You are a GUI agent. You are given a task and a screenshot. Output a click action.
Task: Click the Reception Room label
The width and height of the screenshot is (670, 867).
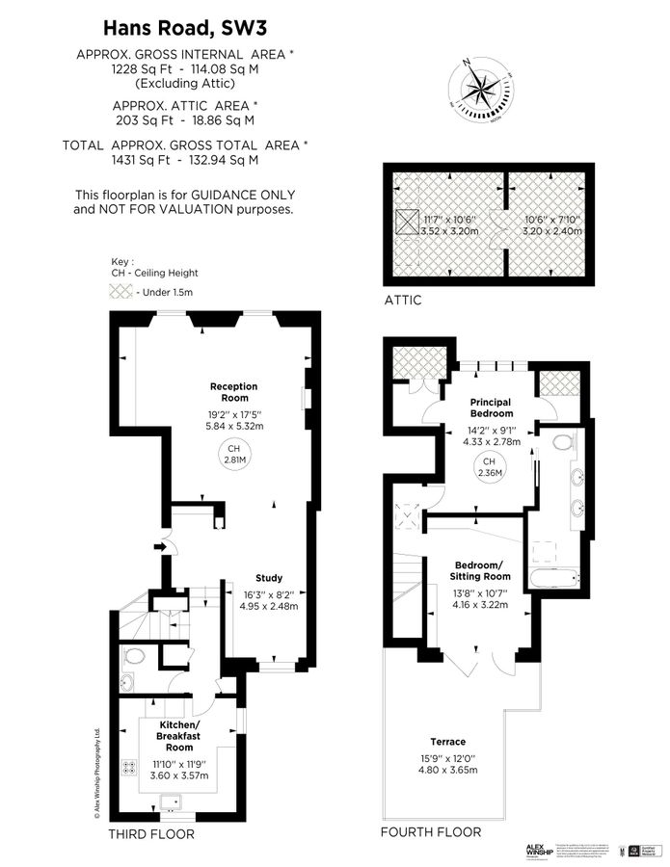tap(234, 392)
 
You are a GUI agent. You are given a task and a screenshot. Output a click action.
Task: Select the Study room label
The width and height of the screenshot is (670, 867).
tap(269, 578)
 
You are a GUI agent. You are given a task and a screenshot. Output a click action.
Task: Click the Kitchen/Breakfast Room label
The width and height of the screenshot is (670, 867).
tap(178, 735)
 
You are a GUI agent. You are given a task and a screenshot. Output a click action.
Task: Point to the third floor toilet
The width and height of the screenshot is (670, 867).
tap(133, 659)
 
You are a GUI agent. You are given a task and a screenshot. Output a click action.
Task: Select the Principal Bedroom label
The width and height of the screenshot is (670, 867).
tap(491, 407)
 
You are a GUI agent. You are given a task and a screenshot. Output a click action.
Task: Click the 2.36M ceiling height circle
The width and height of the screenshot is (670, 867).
tap(490, 467)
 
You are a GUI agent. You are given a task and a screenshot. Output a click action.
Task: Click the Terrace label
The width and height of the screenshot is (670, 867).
tap(448, 742)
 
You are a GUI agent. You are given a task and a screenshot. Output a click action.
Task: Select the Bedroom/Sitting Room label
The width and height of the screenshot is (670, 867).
tap(477, 569)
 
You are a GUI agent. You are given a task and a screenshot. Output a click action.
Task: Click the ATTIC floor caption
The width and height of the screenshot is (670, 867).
tap(403, 300)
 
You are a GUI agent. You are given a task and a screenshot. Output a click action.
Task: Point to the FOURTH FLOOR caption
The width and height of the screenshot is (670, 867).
tap(430, 832)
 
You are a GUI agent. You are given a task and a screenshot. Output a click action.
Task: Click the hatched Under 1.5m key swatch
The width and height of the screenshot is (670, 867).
tap(122, 291)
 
